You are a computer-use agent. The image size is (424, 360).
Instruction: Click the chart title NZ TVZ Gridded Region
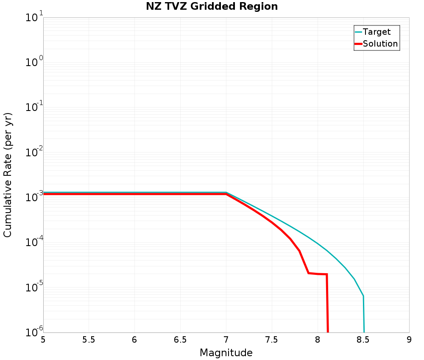pos(212,7)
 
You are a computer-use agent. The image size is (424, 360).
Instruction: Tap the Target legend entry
pos(377,32)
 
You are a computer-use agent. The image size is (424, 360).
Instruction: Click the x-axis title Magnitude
pos(226,353)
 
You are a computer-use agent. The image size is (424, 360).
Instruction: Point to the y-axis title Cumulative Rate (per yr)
pos(8,175)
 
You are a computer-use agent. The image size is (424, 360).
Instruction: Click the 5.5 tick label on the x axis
pos(89,340)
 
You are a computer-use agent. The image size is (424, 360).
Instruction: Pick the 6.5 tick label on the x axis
pos(180,340)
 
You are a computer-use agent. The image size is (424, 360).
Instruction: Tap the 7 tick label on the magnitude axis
pos(226,340)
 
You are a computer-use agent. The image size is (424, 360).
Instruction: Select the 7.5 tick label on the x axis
pos(271,340)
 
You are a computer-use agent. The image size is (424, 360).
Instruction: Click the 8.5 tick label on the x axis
pos(363,340)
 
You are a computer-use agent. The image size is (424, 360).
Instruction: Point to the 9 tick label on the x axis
pos(409,340)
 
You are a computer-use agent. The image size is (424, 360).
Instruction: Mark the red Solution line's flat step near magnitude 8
pos(318,274)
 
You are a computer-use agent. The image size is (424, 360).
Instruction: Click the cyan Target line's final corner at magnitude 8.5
pos(363,296)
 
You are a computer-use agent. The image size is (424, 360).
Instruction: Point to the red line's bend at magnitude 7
pos(226,194)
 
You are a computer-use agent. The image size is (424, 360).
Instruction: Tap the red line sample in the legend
pos(358,44)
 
